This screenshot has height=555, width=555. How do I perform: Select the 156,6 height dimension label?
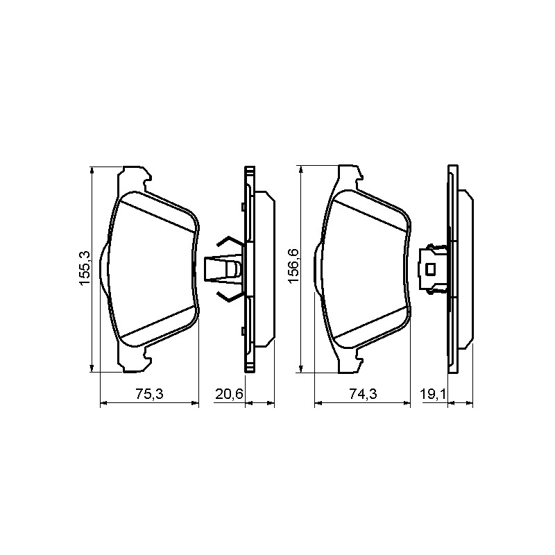tap(293, 266)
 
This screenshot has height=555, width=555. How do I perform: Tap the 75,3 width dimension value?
tap(149, 394)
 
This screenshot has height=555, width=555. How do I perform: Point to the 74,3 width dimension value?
tap(363, 394)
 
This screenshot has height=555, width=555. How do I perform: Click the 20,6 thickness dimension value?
tap(230, 394)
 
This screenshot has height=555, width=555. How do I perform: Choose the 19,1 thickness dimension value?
tap(432, 394)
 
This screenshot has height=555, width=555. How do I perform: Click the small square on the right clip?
tap(430, 269)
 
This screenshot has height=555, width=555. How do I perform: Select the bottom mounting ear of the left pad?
tap(135, 359)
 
